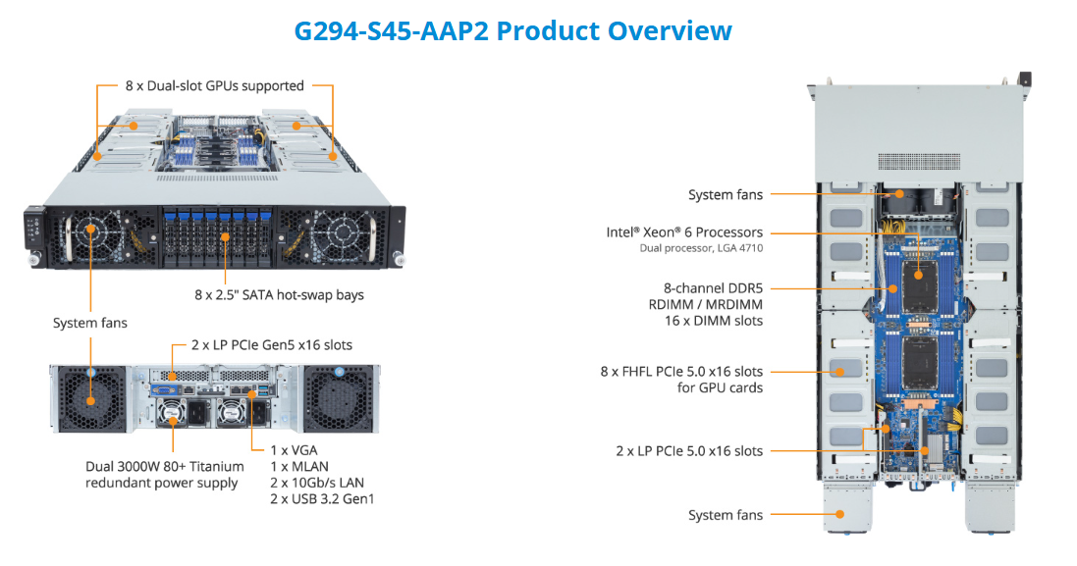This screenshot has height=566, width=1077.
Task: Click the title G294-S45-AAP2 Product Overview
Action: pyautogui.click(x=512, y=30)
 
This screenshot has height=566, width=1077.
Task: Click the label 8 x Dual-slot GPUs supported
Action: pyautogui.click(x=215, y=85)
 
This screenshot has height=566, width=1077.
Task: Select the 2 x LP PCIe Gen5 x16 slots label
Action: pyautogui.click(x=261, y=344)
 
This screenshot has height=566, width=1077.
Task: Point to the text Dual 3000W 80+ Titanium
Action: pyautogui.click(x=162, y=467)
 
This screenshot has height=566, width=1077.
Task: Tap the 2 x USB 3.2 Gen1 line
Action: pyautogui.click(x=322, y=498)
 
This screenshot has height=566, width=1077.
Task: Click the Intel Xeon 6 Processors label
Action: pyautogui.click(x=684, y=232)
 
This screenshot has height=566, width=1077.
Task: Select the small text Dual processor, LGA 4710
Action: pyautogui.click(x=699, y=248)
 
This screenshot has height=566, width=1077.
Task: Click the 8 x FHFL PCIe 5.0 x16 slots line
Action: pyautogui.click(x=681, y=372)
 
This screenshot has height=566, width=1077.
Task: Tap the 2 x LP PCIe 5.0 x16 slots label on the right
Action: pyautogui.click(x=689, y=451)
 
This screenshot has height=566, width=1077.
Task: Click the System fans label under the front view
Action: pyautogui.click(x=90, y=323)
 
